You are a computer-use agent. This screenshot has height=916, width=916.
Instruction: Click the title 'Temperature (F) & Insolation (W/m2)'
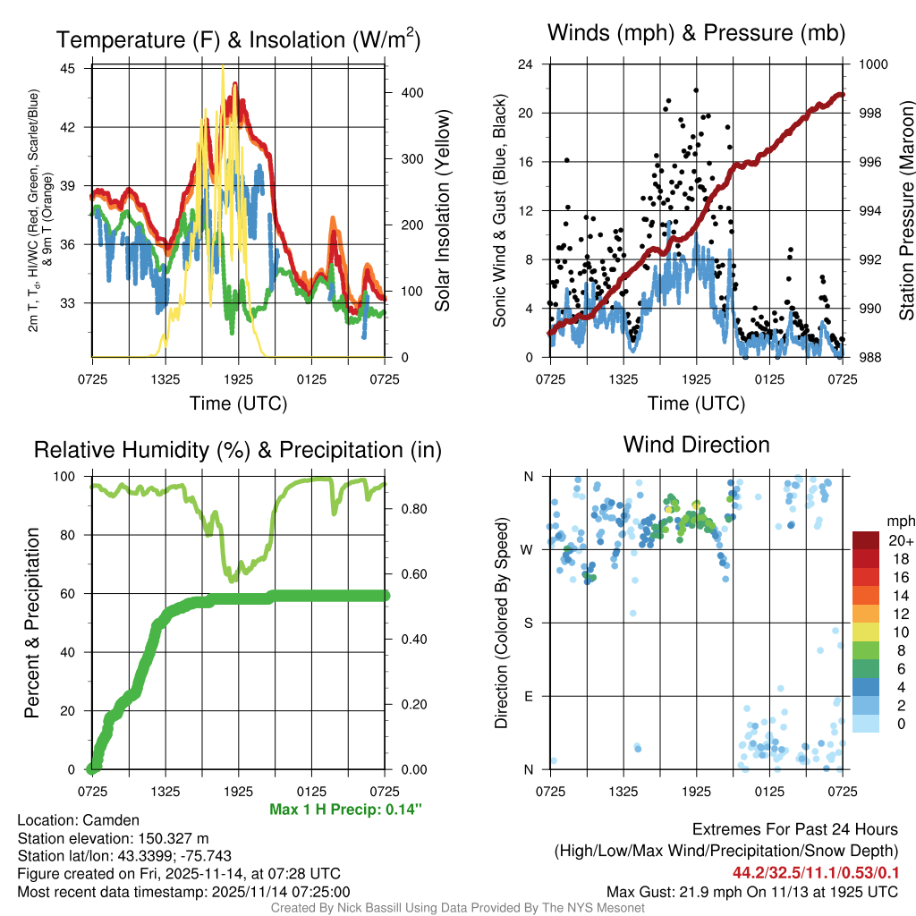point(238,39)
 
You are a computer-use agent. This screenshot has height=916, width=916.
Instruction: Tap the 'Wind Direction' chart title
point(696,445)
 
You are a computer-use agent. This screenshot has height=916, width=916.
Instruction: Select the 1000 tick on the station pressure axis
point(872,64)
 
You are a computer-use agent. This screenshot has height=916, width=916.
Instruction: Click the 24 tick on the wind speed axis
point(526,64)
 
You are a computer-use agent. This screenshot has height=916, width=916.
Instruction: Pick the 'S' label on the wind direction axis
point(528,623)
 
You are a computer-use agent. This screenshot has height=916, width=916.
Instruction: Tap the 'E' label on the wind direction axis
point(528,696)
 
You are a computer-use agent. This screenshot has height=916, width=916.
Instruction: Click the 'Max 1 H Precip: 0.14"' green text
point(344,810)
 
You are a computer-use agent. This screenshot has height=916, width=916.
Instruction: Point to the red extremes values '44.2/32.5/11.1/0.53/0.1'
point(816,872)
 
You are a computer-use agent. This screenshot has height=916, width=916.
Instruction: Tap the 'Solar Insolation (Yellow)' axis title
point(443,211)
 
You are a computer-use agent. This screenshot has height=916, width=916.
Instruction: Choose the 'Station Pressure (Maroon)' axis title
point(905,211)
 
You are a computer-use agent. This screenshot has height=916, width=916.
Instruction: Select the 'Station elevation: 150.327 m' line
point(113,838)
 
